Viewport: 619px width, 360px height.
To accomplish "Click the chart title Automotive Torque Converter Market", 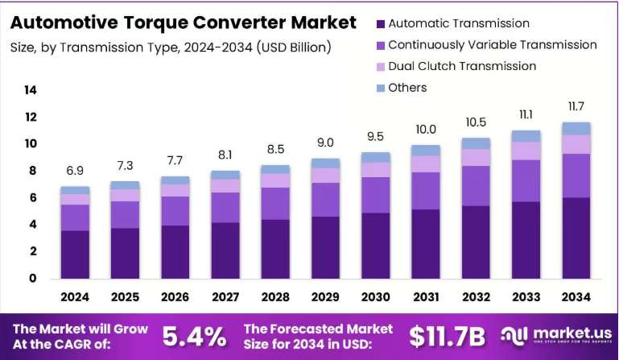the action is click(184, 23).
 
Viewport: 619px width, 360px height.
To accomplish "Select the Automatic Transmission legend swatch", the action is click(381, 23).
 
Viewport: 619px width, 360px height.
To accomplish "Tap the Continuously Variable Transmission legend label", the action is click(493, 44).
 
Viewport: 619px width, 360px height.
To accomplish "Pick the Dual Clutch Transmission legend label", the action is click(462, 66).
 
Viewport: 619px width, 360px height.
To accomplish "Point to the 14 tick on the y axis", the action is click(31, 90).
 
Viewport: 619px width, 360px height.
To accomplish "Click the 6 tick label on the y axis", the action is click(33, 197).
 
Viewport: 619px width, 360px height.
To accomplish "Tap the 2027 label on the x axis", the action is click(225, 296).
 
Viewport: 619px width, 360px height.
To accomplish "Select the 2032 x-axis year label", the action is click(476, 296).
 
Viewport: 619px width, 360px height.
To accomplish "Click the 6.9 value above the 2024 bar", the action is click(75, 170).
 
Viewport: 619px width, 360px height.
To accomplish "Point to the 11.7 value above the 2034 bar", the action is click(576, 106).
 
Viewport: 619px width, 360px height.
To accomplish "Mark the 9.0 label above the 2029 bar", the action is click(325, 143).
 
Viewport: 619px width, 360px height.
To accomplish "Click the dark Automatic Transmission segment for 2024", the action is click(75, 254).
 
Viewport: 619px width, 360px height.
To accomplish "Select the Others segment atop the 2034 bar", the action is click(576, 129).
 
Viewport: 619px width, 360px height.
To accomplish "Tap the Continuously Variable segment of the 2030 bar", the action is click(375, 195).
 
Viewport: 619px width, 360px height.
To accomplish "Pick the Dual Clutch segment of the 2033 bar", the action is click(526, 151).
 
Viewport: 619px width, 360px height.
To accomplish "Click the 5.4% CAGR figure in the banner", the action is click(195, 337).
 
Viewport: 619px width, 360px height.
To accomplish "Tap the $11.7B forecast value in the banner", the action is click(447, 337).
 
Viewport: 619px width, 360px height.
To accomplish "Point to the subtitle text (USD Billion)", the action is click(294, 48).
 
